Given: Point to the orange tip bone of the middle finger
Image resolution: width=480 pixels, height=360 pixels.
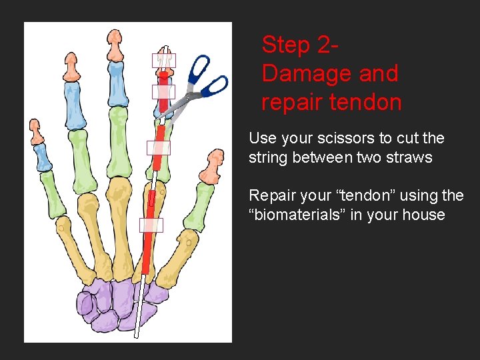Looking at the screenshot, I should [116, 46].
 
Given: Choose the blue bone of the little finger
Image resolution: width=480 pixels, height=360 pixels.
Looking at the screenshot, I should [43, 157].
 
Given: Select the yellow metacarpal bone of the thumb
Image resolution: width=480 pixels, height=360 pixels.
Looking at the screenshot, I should [183, 253].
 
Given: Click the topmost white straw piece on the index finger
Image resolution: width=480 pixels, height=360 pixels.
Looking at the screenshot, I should [164, 60].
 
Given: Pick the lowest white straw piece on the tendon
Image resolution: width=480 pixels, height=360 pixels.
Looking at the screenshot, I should [151, 225].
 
